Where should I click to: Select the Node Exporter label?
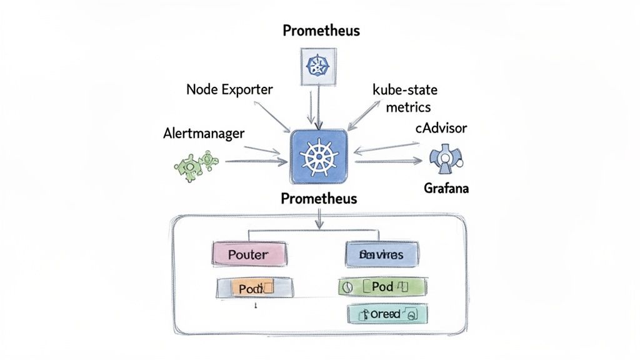(x=229, y=89)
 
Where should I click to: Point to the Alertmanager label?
(x=204, y=133)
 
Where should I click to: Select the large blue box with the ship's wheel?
(x=319, y=157)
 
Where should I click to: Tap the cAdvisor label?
(x=441, y=128)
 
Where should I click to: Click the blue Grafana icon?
(x=444, y=159)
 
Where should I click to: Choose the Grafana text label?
(x=446, y=187)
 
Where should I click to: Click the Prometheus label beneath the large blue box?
(x=319, y=199)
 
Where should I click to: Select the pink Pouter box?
(x=249, y=254)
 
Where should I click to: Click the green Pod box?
(x=382, y=287)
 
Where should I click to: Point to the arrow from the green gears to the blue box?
(x=256, y=161)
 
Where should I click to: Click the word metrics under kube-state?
(x=408, y=107)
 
